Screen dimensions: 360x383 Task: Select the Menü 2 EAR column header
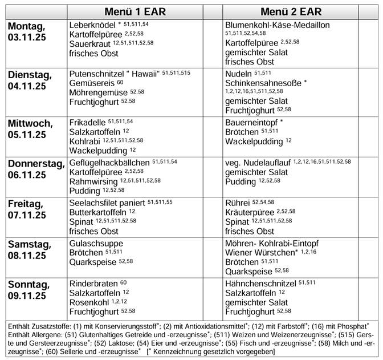(x=291, y=11)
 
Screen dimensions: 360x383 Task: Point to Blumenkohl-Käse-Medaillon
(x=285, y=25)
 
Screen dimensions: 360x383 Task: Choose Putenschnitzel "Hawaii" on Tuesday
(x=114, y=74)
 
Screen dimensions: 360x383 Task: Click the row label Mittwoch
(x=28, y=123)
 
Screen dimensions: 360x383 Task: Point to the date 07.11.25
(x=27, y=215)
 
